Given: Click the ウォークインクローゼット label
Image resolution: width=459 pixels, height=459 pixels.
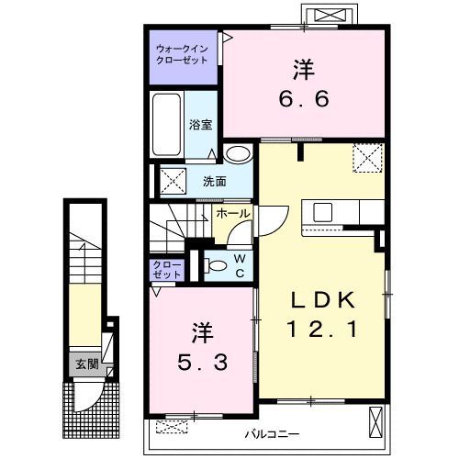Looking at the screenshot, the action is [x=182, y=54].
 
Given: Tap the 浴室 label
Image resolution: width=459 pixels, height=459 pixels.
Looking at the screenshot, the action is [x=200, y=125].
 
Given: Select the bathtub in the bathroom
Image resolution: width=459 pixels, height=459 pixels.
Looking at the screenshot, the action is [x=166, y=124].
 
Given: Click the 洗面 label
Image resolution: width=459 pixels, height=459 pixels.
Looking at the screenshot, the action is [x=215, y=182].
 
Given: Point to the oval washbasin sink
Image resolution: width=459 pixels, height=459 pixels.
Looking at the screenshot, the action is [x=238, y=153].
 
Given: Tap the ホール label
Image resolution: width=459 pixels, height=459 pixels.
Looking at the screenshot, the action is [x=232, y=214].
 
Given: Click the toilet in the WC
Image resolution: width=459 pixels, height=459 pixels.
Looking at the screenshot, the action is [x=215, y=265].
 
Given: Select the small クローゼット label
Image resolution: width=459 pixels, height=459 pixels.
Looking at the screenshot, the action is [x=167, y=269].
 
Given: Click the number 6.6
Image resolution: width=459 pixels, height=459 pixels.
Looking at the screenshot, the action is [x=304, y=98].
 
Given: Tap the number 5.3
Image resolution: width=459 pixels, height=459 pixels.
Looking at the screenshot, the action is [x=203, y=363].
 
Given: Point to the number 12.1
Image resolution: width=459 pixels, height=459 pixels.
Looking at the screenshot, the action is [x=322, y=330].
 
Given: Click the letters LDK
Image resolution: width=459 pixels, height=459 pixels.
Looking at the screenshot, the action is [x=322, y=300].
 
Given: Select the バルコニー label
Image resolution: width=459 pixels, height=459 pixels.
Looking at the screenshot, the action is [x=272, y=434].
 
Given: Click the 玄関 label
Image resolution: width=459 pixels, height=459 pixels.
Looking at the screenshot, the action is [x=87, y=364].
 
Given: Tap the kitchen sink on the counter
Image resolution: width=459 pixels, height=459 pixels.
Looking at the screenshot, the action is [x=323, y=212].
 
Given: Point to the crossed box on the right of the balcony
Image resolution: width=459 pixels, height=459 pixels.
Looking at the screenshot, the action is [x=375, y=423].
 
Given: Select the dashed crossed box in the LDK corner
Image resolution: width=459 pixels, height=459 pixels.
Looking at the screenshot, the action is [x=368, y=158].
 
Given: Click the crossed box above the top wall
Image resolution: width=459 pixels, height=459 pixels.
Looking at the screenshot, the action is [x=330, y=15].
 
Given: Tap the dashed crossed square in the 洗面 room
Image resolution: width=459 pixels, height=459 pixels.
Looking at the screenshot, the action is [x=173, y=181].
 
